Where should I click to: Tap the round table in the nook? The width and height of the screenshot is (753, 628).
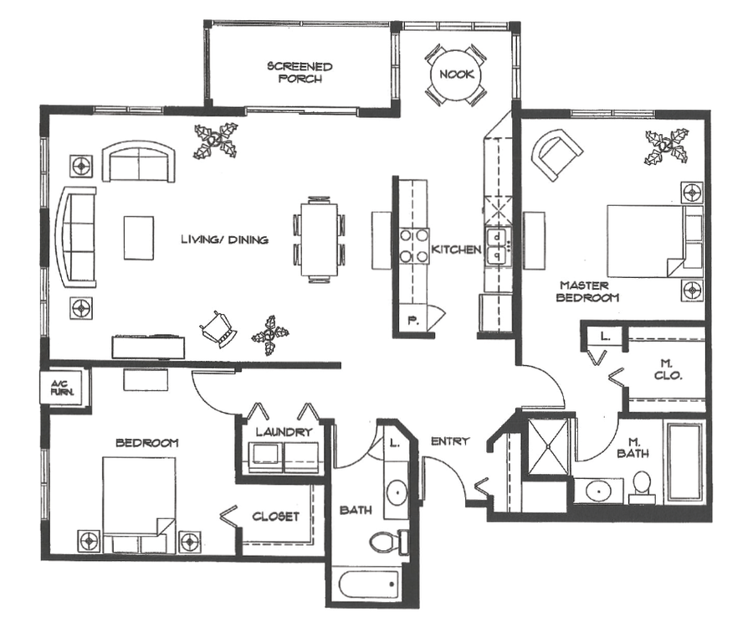[x=453, y=75]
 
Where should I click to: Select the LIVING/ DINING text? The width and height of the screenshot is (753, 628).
[x=225, y=240]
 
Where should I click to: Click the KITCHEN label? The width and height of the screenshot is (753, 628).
[x=456, y=250]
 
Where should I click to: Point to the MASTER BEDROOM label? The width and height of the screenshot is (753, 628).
[x=589, y=291]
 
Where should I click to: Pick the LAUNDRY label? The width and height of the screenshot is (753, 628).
[x=284, y=432]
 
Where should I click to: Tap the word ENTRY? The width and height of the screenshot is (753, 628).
[x=449, y=441]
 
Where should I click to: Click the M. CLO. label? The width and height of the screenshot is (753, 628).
[x=667, y=369]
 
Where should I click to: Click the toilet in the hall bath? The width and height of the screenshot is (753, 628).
[x=386, y=542]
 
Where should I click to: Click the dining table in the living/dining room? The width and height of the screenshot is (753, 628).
[x=318, y=237]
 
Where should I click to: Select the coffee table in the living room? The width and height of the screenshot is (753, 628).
[x=139, y=237]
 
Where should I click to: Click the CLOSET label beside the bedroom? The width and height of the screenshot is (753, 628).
[x=276, y=517]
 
